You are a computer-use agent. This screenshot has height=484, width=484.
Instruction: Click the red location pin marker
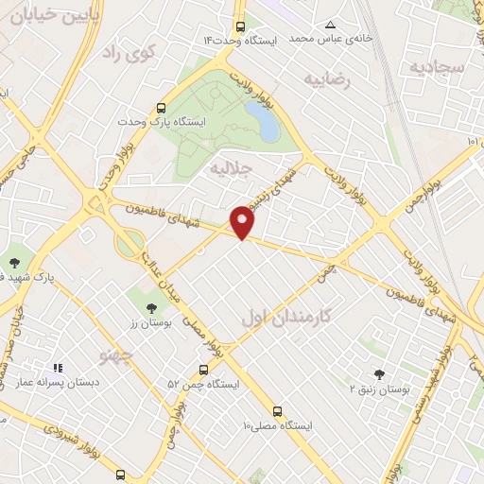(243, 221)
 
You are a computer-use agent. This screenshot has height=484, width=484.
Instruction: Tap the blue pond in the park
(261, 121)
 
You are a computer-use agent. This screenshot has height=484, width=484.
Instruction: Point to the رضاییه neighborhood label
(326, 80)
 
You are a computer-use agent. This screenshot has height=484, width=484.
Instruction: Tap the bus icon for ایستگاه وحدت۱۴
(241, 27)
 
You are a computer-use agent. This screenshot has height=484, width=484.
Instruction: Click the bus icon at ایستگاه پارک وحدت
(161, 109)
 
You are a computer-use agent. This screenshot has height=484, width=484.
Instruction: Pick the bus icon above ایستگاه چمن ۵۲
(203, 370)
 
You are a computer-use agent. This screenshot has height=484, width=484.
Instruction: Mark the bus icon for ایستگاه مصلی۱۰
(277, 411)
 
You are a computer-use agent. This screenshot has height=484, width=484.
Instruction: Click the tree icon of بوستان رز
(151, 307)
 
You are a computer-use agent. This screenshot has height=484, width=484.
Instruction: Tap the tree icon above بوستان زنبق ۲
(379, 374)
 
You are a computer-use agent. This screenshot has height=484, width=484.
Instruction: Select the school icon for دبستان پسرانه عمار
(58, 368)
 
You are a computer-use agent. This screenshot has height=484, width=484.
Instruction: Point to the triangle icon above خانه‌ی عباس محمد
(330, 25)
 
